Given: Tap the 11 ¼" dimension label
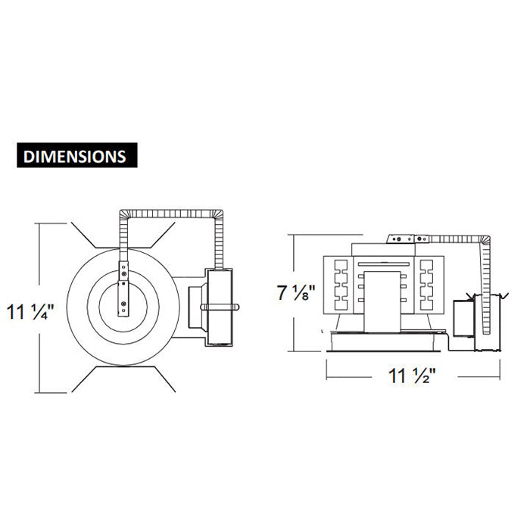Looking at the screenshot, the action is pyautogui.click(x=30, y=312).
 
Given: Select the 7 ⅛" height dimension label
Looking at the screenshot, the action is pyautogui.click(x=296, y=292).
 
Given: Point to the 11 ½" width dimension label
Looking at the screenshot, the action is pyautogui.click(x=412, y=376).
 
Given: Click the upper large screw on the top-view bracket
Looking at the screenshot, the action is pyautogui.click(x=124, y=273).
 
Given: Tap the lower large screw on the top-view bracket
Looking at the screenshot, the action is pyautogui.click(x=123, y=304).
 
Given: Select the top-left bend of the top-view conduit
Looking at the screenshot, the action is pyautogui.click(x=124, y=215).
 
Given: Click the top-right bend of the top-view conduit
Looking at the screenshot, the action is pyautogui.click(x=217, y=215).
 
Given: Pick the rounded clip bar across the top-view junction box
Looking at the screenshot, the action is pyautogui.click(x=220, y=307).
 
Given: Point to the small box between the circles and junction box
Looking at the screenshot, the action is pyautogui.click(x=195, y=307).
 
